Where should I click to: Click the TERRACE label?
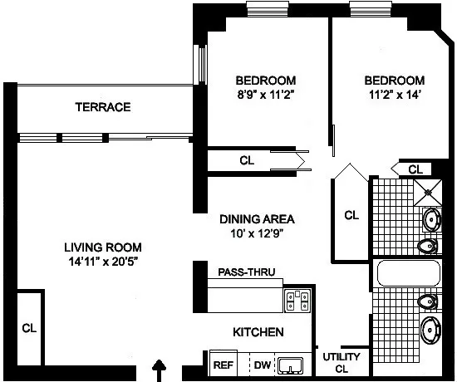tap(103, 107)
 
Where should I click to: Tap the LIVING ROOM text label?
tap(103, 247)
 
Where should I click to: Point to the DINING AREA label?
tap(258, 219)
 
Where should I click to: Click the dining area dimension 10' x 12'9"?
tap(258, 233)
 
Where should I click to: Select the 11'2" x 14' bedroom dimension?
tap(394, 94)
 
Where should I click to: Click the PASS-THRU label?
tap(246, 272)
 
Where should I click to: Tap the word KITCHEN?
tap(258, 332)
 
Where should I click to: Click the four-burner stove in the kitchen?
tap(297, 301)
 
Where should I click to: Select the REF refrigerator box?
tap(222, 363)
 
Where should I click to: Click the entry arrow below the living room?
tap(160, 368)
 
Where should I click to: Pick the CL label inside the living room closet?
tap(28, 328)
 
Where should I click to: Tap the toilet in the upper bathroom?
tap(427, 245)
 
